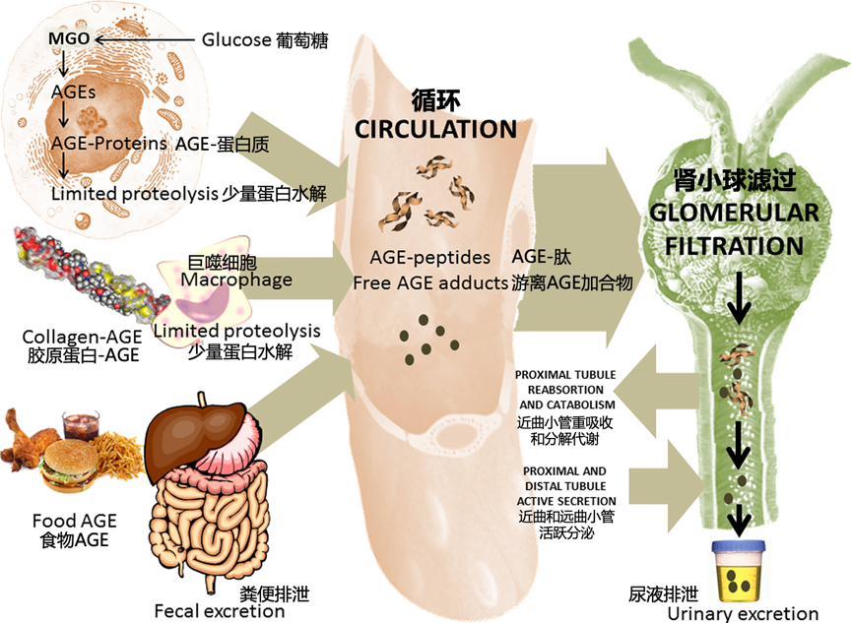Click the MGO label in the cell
pos(69,38)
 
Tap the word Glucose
pos(236,39)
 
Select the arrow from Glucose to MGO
pos(145,39)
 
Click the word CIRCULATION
pos(435,129)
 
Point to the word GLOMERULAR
pos(734,213)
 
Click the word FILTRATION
pos(734,246)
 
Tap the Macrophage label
pos(236,280)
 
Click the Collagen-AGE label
pos(82,337)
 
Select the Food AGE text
pos(75,521)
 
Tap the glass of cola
pos(81,425)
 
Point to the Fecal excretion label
pos(220,611)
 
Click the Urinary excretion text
pos(743,614)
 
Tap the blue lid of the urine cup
pos(739,546)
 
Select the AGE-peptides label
pos(429,258)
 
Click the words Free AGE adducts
pos(430,283)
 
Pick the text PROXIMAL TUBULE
pos(565,375)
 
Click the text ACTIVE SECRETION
pos(566,501)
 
